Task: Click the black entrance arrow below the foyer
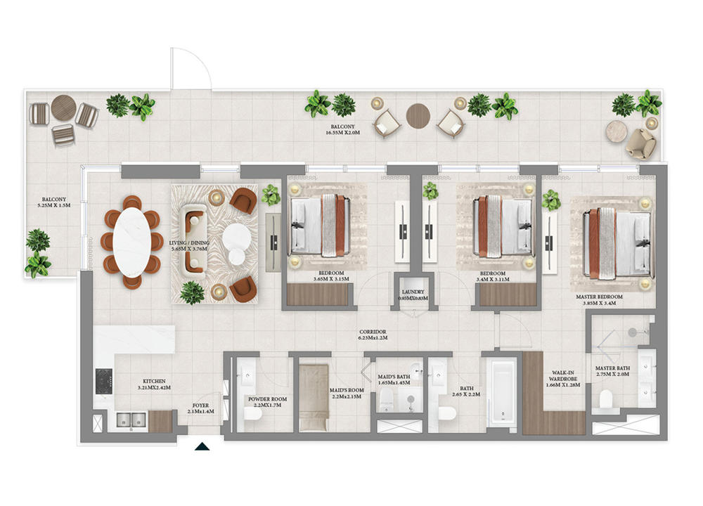[202, 446]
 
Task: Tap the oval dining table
[131, 242]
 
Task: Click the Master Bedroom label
[599, 300]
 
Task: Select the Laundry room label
[413, 295]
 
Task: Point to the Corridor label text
[373, 335]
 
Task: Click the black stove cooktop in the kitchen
[104, 382]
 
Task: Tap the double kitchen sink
[131, 420]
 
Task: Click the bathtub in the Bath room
[502, 391]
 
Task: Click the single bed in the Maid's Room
[314, 398]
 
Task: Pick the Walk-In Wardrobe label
[562, 379]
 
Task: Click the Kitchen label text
[154, 384]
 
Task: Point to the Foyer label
[200, 408]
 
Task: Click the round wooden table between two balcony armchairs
[418, 115]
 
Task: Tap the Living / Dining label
[189, 245]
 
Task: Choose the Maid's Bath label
[394, 379]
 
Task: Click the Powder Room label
[268, 401]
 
